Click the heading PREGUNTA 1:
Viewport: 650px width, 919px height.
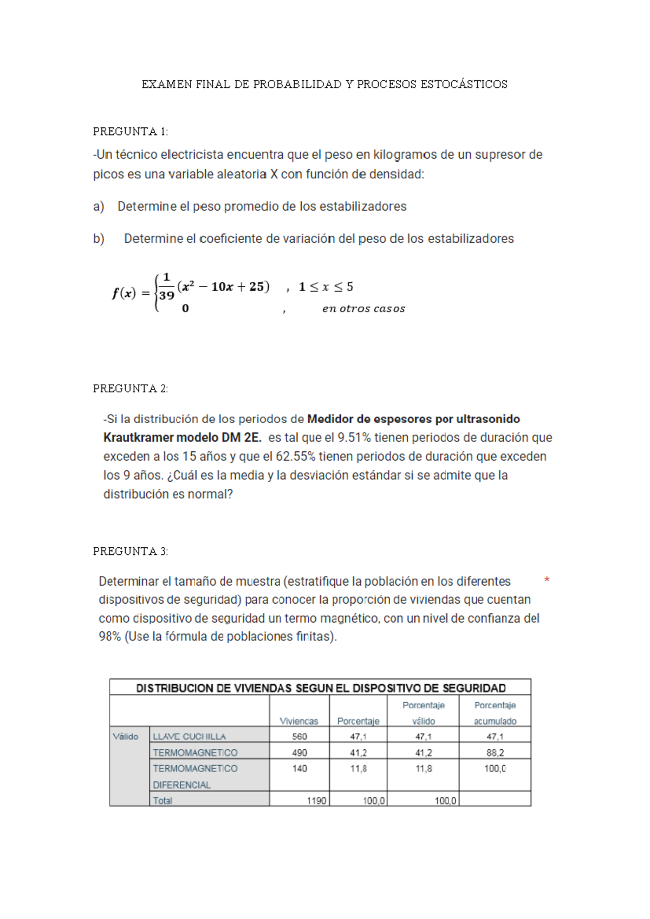[131, 132]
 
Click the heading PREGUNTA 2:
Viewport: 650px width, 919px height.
[131, 389]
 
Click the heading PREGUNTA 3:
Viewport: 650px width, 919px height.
[131, 551]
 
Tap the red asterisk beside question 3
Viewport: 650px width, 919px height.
[547, 580]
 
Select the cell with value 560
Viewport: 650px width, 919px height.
[299, 736]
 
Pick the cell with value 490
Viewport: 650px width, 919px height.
[299, 753]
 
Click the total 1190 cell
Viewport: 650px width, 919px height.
[316, 800]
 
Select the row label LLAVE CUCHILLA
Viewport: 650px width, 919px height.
[189, 736]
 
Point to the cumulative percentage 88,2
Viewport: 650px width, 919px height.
[495, 753]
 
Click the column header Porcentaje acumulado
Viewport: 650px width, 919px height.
[495, 713]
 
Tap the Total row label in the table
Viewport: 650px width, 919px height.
[162, 800]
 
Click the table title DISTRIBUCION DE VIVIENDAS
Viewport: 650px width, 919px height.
[320, 688]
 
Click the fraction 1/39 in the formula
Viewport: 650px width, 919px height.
[166, 287]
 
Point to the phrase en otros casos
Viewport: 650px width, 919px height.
[363, 309]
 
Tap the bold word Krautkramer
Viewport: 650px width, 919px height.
[139, 438]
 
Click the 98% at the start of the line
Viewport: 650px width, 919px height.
[109, 637]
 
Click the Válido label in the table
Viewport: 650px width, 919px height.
[125, 736]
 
